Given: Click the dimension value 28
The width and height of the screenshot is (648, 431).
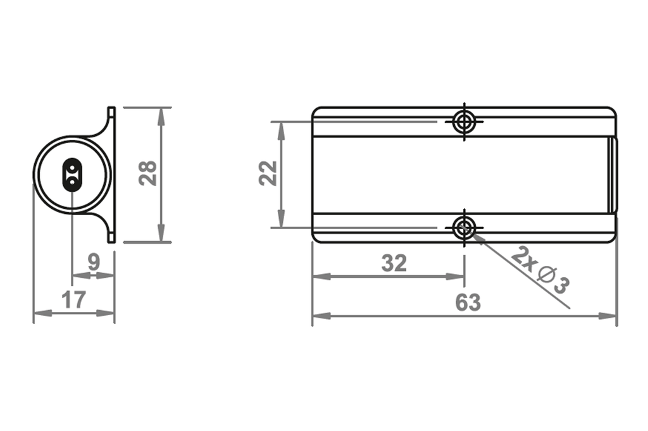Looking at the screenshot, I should tap(148, 173).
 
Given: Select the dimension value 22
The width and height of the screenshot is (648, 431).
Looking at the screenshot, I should tap(268, 173).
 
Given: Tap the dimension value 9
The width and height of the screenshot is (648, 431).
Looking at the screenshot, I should tap(94, 262).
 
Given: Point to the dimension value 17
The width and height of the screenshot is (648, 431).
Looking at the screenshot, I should tap(73, 299).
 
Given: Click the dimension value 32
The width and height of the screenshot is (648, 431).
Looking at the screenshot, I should tap(394, 263).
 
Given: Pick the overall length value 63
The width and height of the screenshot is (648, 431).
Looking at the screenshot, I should tap(468, 303).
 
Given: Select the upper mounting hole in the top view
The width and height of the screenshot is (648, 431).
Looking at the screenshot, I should tap(464, 121).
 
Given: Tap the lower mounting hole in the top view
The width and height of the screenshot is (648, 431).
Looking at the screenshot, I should tap(464, 227).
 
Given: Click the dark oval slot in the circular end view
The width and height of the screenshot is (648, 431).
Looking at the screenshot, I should tap(72, 174).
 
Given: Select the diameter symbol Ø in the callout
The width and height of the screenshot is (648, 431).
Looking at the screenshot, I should tap(545, 275).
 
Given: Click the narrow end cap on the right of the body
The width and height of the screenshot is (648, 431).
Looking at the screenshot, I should tap(613, 174).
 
